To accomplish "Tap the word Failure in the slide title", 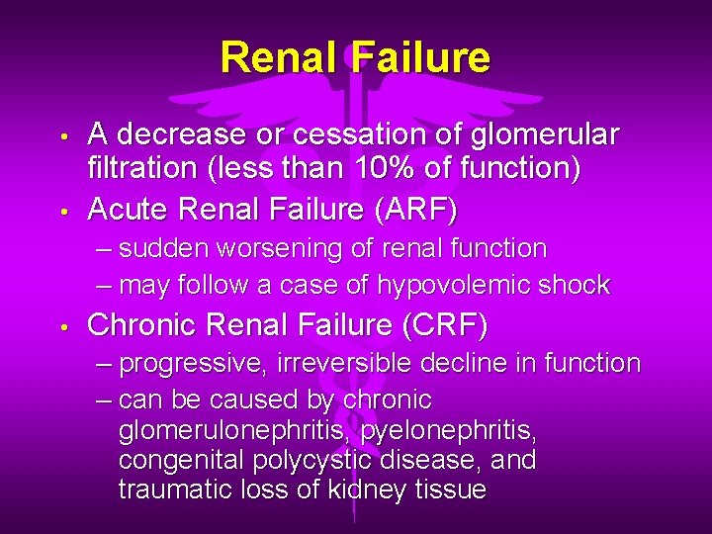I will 419,57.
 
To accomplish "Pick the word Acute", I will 126,210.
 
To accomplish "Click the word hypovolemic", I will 461,285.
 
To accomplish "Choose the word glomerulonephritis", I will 234,431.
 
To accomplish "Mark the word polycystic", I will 303,461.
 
